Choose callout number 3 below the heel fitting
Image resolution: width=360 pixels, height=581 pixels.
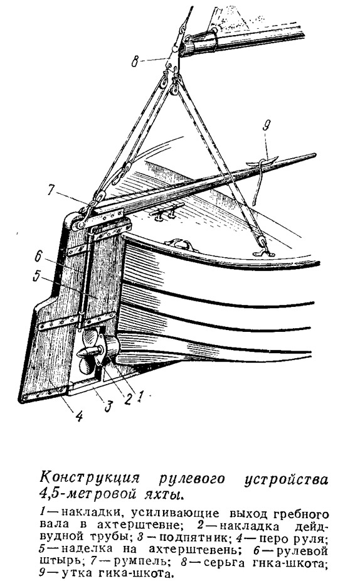point(107,406)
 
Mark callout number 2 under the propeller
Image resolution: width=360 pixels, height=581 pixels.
point(127,399)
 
